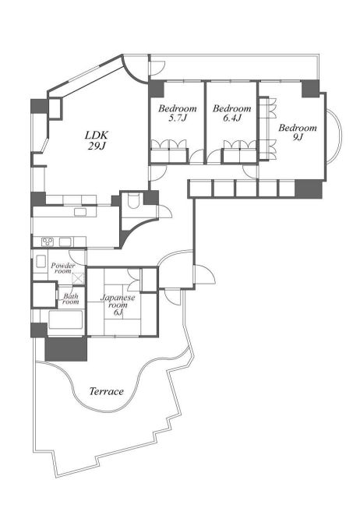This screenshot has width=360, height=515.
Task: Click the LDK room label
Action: tap(97, 136)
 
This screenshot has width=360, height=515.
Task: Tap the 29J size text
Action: tap(97, 146)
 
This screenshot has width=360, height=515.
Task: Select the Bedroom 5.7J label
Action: tap(178, 113)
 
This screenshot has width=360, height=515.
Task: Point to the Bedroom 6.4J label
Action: tap(232, 113)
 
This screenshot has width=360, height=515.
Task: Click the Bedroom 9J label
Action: tap(298, 132)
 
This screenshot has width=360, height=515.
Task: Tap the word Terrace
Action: tap(107, 391)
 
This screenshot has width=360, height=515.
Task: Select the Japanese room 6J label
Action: tap(118, 305)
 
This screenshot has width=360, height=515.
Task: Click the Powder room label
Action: tap(63, 268)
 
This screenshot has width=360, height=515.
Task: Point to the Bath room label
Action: tap(71, 298)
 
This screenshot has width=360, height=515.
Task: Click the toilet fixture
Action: tap(134, 201)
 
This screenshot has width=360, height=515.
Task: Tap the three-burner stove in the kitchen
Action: tap(48, 242)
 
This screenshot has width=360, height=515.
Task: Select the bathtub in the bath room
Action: tap(65, 319)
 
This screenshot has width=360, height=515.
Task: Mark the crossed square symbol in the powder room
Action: tap(78, 278)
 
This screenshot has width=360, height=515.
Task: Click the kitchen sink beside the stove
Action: tap(65, 242)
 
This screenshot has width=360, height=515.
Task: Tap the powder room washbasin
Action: tap(41, 262)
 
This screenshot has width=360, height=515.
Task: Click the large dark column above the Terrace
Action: tap(66, 349)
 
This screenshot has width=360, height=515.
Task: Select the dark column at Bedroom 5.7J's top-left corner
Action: tap(157, 89)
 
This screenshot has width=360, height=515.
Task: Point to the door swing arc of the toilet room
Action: tap(166, 211)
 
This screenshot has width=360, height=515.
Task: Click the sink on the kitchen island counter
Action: tap(80, 212)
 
